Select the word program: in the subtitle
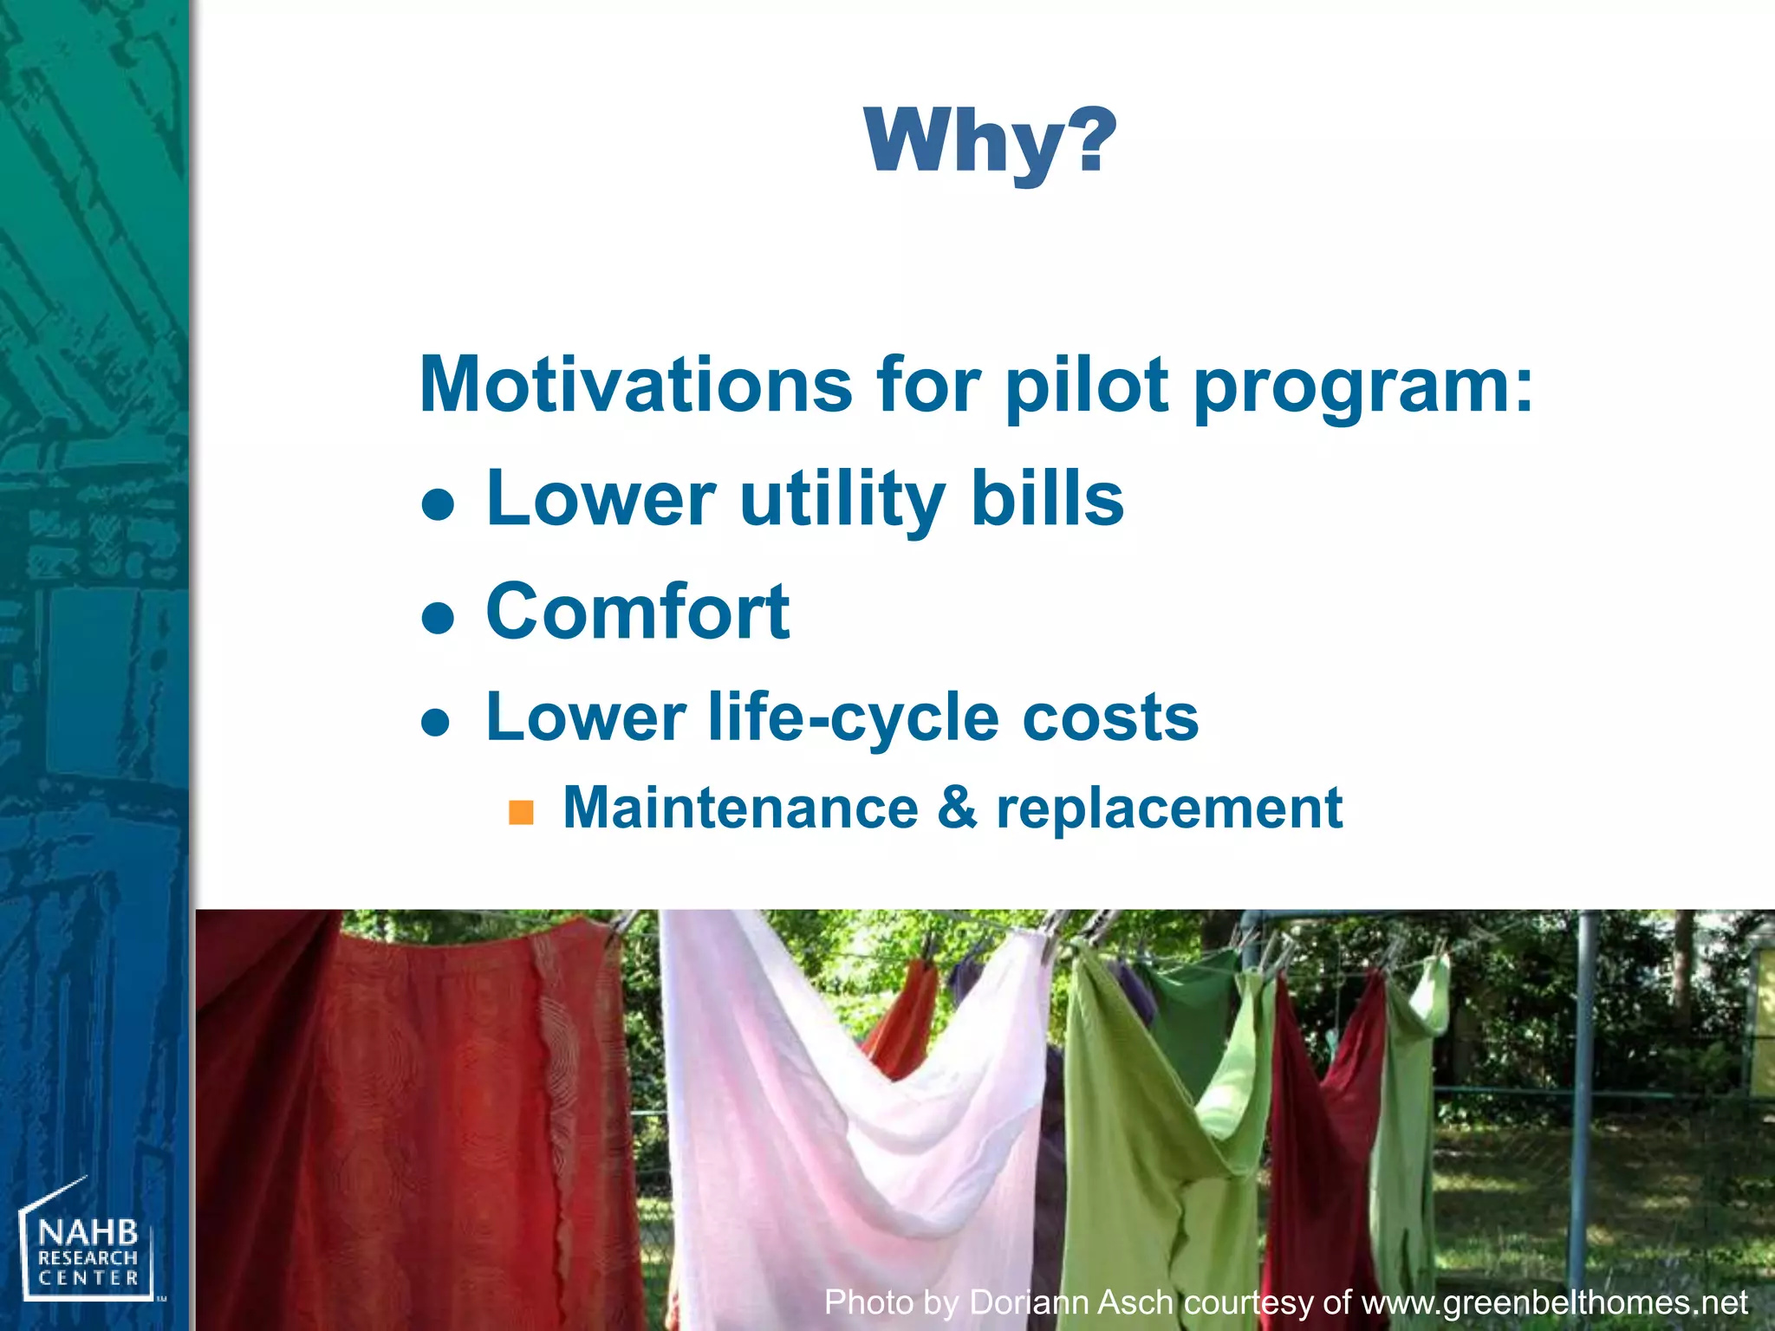click(1363, 386)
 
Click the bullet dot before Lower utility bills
click(439, 504)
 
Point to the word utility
click(842, 500)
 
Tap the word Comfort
click(638, 612)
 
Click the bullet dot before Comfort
click(439, 619)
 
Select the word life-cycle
click(853, 718)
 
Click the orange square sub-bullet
click(521, 813)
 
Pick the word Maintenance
click(740, 808)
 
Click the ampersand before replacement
click(957, 808)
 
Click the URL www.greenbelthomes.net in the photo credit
click(1555, 1302)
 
